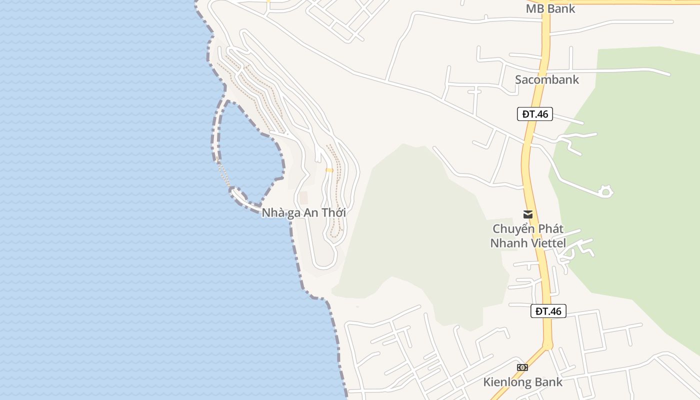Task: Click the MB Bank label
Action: coord(550,8)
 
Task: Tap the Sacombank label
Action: coord(547,79)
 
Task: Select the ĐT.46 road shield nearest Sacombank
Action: coord(535,114)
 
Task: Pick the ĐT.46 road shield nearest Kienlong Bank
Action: coord(548,311)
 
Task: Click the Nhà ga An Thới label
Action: coord(304,212)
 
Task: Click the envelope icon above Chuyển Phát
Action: coord(527,214)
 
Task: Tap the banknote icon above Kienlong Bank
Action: coord(522,367)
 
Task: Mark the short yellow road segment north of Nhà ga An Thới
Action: coord(329,170)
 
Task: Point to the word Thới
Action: coord(333,212)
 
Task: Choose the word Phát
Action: coord(550,229)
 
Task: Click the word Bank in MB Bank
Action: coord(561,8)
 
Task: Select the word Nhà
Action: coord(272,212)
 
